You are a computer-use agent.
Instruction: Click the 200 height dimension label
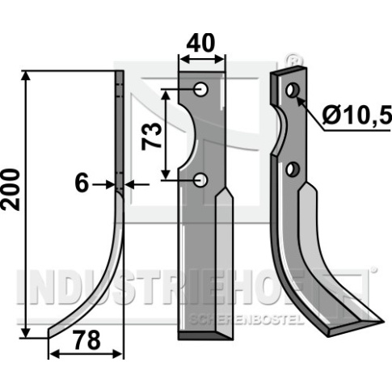(11, 189)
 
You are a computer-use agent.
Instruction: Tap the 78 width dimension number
(87, 340)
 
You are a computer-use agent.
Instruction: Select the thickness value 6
(82, 183)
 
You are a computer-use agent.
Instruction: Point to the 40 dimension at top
(200, 43)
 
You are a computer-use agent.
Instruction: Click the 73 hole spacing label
(152, 136)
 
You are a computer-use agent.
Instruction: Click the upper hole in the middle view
(200, 89)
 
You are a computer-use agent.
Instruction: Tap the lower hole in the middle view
(200, 180)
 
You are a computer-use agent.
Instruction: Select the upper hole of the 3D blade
(293, 91)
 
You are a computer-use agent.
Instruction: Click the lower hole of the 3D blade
(293, 170)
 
